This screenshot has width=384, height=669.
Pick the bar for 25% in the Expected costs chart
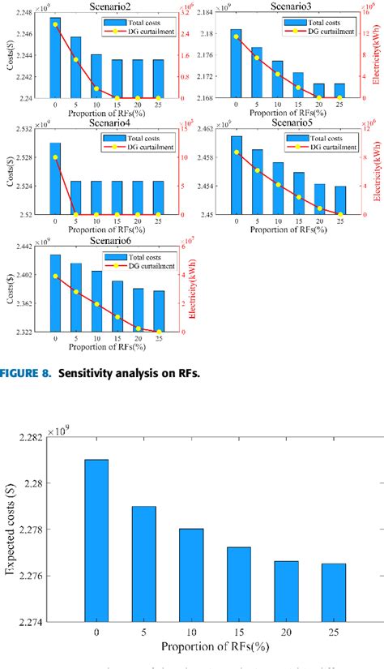(x=333, y=592)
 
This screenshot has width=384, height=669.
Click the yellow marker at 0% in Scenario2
(x=55, y=24)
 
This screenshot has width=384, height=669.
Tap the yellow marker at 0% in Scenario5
(x=237, y=152)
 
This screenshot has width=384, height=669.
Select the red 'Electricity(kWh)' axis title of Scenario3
(x=377, y=57)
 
